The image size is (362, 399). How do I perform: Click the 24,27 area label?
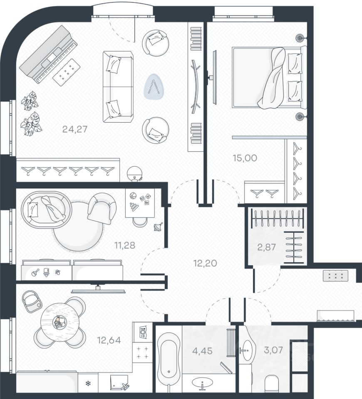74,129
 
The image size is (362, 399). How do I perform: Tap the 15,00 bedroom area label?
245,158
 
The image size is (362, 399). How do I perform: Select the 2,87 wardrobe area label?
266,247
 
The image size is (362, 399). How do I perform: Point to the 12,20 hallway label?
205,263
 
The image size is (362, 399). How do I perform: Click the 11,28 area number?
124,245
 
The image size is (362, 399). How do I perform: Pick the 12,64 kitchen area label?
109,340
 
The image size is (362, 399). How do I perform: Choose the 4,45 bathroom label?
202,351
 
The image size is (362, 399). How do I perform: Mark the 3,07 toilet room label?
273,350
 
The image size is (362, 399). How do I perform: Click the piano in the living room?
48,54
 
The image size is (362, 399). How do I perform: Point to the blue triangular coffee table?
154,86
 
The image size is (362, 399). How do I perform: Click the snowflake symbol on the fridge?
88,383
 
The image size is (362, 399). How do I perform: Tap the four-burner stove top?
142,352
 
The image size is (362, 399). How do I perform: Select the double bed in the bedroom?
269,77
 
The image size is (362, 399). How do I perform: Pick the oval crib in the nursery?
47,209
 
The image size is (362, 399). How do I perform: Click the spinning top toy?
158,227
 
